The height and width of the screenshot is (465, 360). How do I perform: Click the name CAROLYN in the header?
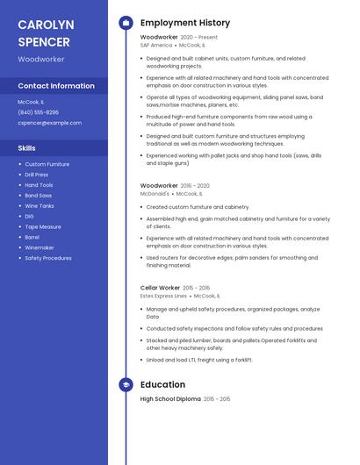pyautogui.click(x=46, y=24)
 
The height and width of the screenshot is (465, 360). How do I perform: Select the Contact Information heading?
pyautogui.click(x=56, y=86)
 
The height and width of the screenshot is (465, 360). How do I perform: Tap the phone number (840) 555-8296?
pyautogui.click(x=39, y=112)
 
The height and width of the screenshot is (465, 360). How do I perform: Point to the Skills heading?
pyautogui.click(x=27, y=148)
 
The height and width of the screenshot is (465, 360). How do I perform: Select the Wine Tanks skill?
pyautogui.click(x=40, y=205)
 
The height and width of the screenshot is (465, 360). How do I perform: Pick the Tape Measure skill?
pyautogui.click(x=43, y=226)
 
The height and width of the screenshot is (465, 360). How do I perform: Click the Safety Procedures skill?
pyautogui.click(x=48, y=258)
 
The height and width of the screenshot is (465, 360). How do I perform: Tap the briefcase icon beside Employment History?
pyautogui.click(x=126, y=23)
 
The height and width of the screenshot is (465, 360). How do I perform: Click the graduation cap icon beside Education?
pyautogui.click(x=126, y=384)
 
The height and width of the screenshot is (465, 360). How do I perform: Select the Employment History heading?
pyautogui.click(x=185, y=23)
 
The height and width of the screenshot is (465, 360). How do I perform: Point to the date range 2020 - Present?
pyautogui.click(x=199, y=38)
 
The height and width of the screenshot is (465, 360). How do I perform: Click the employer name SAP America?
pyautogui.click(x=156, y=45)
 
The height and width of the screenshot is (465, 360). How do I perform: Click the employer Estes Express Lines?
pyautogui.click(x=163, y=296)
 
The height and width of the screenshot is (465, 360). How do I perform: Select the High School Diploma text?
pyautogui.click(x=170, y=399)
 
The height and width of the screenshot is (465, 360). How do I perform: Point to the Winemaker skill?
pyautogui.click(x=40, y=247)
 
